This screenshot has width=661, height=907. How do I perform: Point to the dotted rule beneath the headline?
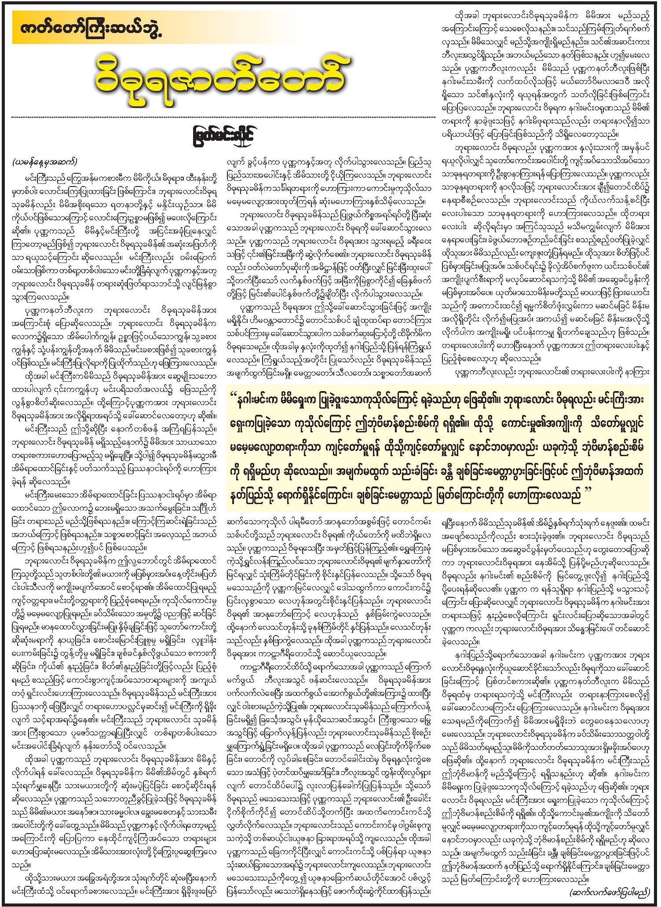pos(224,117)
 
